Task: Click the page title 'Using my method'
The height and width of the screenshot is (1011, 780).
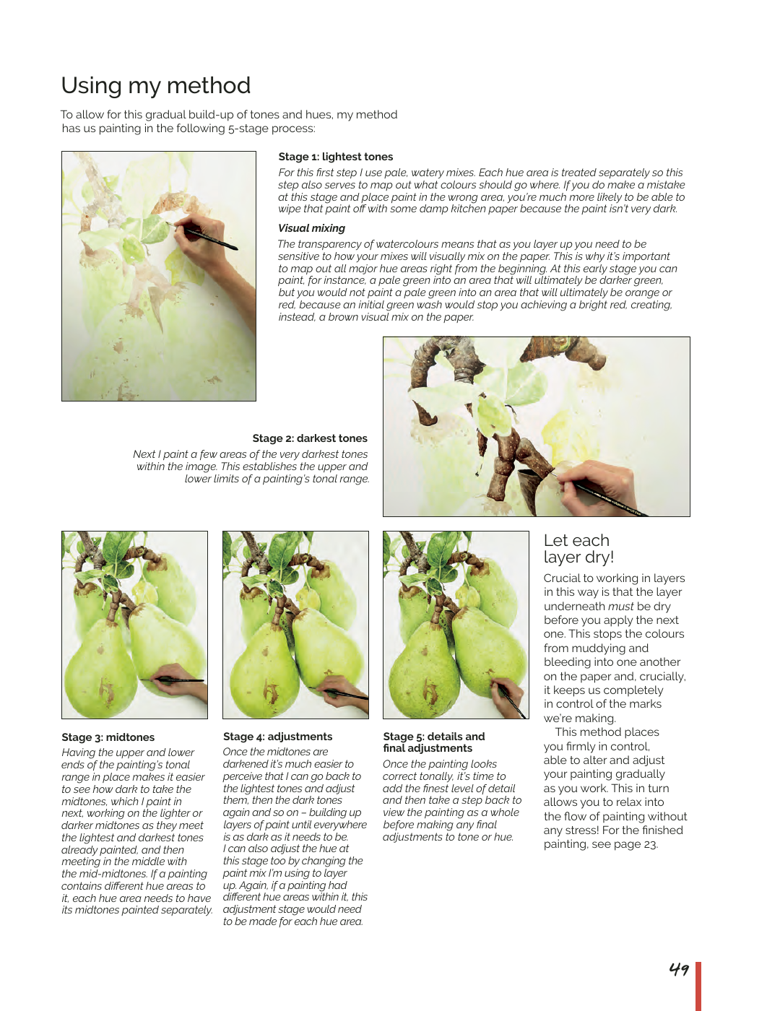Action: tap(156, 86)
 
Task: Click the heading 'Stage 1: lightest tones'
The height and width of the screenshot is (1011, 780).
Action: tap(336, 157)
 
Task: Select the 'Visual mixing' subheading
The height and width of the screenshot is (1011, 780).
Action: tap(311, 228)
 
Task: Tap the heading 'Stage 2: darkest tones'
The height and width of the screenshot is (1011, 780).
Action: tap(310, 438)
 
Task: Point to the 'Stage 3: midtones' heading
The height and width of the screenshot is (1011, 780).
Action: tap(108, 737)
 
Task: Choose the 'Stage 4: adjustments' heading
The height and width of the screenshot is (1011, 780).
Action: tap(277, 737)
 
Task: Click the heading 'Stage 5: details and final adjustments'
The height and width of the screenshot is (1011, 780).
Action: tap(433, 742)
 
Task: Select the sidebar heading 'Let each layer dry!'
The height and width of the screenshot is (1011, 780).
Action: tap(578, 549)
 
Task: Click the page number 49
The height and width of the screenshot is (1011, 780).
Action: tap(679, 969)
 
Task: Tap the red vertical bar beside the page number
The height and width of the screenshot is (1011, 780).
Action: tap(698, 986)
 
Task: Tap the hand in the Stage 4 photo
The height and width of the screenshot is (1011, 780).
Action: tap(339, 686)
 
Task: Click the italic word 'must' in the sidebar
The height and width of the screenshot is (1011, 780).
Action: tap(620, 607)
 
